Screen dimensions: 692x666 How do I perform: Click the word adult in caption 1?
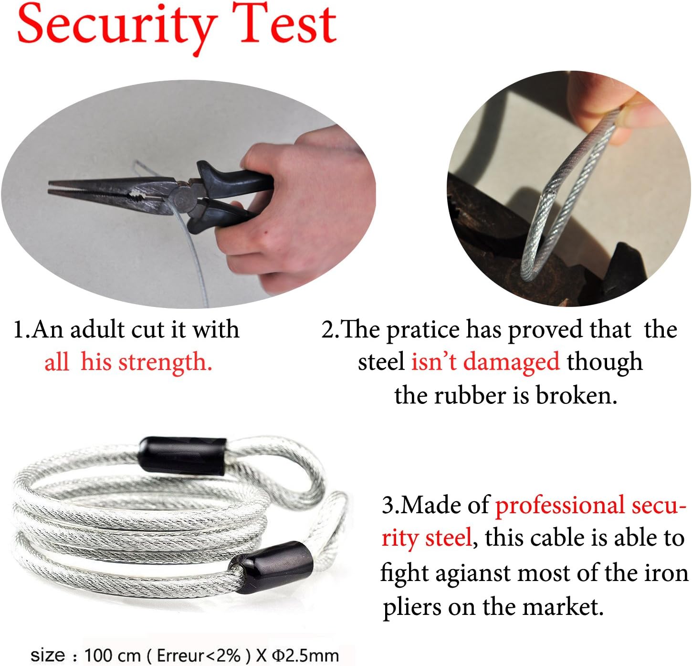[x=97, y=329]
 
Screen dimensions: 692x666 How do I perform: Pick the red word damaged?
[x=512, y=363]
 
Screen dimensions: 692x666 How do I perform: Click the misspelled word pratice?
[x=423, y=331]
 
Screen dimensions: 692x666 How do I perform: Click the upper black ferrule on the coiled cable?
[x=182, y=456]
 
